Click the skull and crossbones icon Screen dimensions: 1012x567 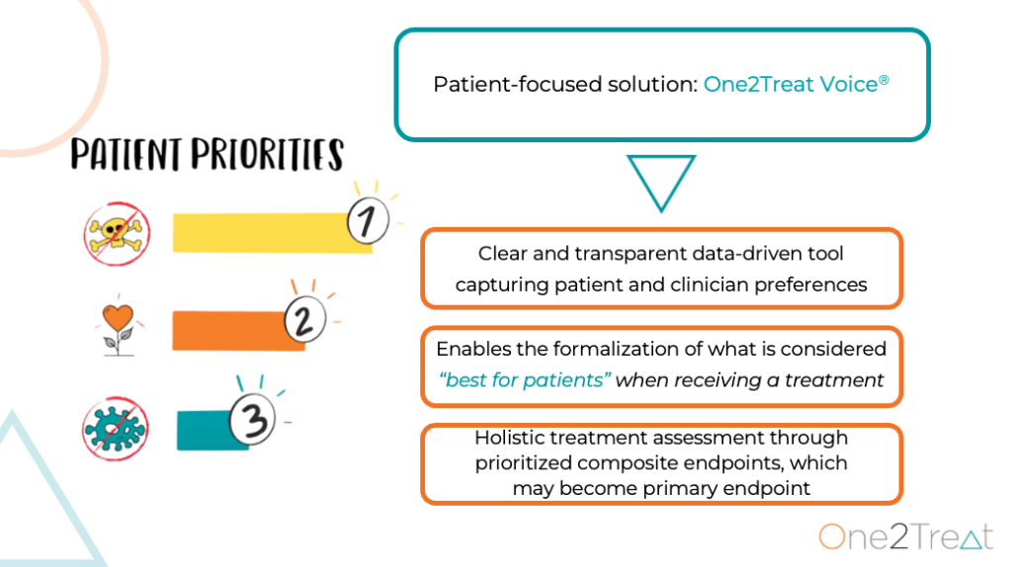117,233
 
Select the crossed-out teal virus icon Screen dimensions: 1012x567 116,429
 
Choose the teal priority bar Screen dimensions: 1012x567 207,431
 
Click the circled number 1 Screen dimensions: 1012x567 368,220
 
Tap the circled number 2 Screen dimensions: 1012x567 305,319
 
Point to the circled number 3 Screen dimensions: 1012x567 253,419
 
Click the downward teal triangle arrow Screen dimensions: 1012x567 661,181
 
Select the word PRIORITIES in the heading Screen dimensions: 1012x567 267,154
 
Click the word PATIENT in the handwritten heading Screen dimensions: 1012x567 126,154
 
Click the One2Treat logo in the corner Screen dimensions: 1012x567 906,536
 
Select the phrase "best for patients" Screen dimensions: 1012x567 524,380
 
